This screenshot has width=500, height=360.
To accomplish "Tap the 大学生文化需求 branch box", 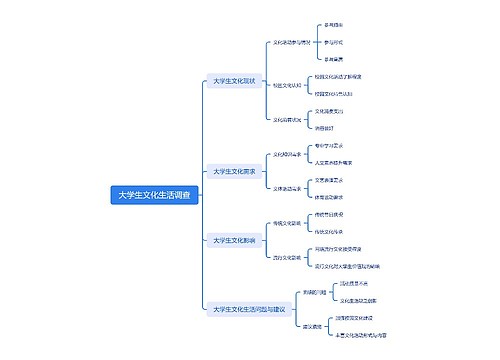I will coord(235,172).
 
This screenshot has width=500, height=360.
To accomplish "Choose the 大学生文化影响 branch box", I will coord(235,240).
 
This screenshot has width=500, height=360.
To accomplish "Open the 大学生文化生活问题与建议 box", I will coord(249,309).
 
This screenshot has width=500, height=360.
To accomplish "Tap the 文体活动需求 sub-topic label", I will coord(289,188).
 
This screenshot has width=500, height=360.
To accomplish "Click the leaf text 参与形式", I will coord(334,43).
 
